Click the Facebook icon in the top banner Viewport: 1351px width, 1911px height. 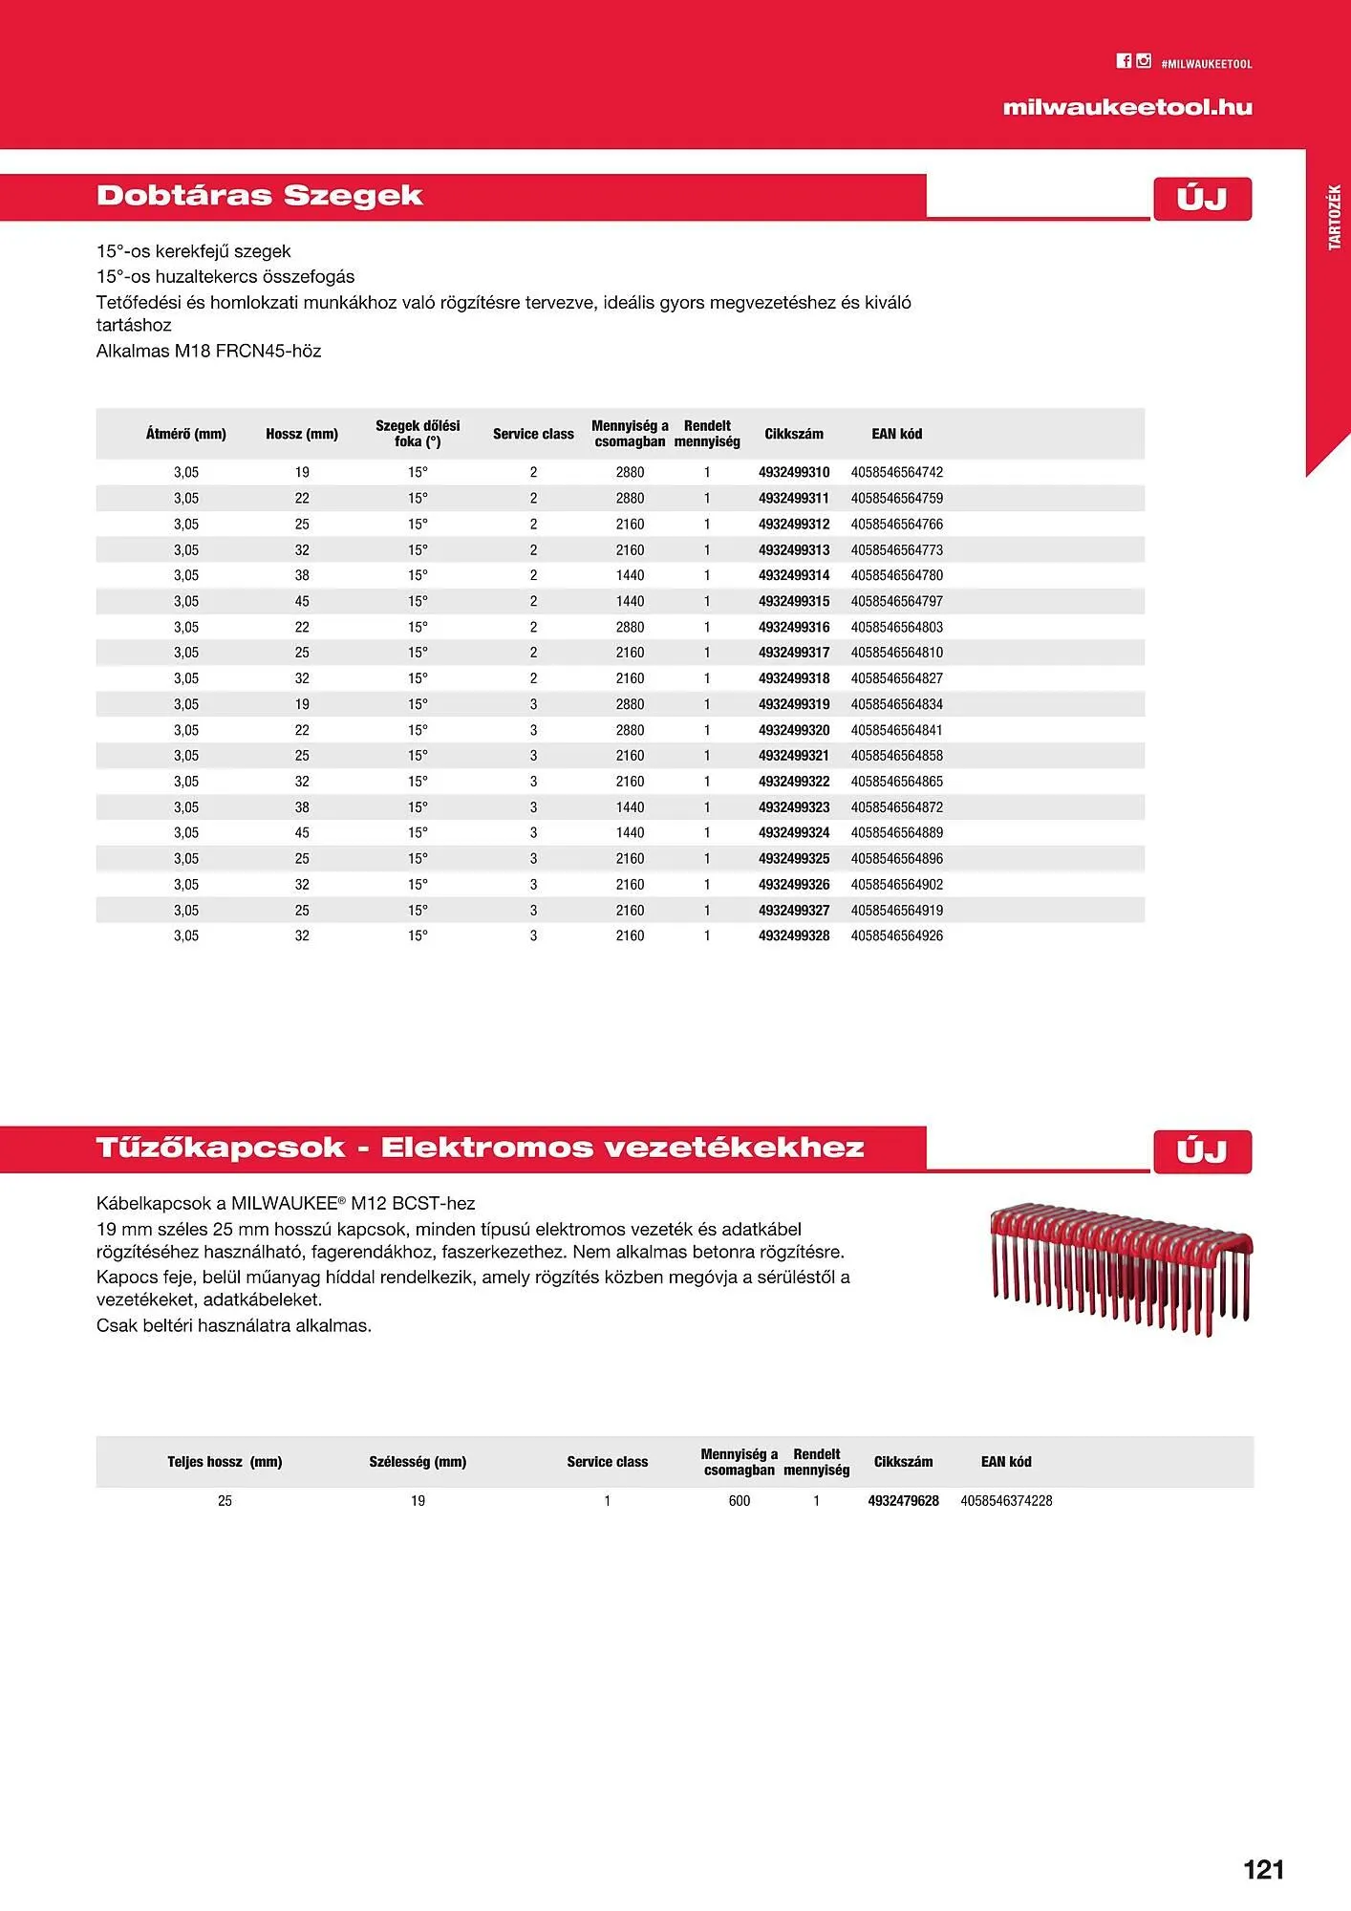(1124, 61)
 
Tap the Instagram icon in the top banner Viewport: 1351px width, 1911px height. (1144, 61)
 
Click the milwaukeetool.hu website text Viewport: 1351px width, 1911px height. (1127, 107)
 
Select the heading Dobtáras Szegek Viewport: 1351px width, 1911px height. (260, 196)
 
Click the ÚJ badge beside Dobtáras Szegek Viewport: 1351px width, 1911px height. (1202, 199)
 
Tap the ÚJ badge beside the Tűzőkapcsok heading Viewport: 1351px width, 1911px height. (1202, 1151)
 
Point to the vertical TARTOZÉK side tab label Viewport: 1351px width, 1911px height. (1335, 218)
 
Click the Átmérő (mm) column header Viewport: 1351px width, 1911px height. (186, 434)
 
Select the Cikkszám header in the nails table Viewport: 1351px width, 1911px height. (794, 434)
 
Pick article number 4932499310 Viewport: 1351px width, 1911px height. (794, 472)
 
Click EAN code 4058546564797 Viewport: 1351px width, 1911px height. (897, 601)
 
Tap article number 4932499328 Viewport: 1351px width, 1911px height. (794, 935)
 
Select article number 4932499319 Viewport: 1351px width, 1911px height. (794, 704)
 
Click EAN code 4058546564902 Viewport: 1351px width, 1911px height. (897, 885)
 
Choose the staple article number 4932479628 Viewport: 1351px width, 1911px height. (903, 1501)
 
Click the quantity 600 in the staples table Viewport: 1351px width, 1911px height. (740, 1501)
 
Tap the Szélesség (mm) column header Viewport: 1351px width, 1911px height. (418, 1462)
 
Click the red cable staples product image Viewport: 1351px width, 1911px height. (1121, 1266)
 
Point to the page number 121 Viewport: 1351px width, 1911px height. (1263, 1870)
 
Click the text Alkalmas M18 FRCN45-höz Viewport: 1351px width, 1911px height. (209, 351)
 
